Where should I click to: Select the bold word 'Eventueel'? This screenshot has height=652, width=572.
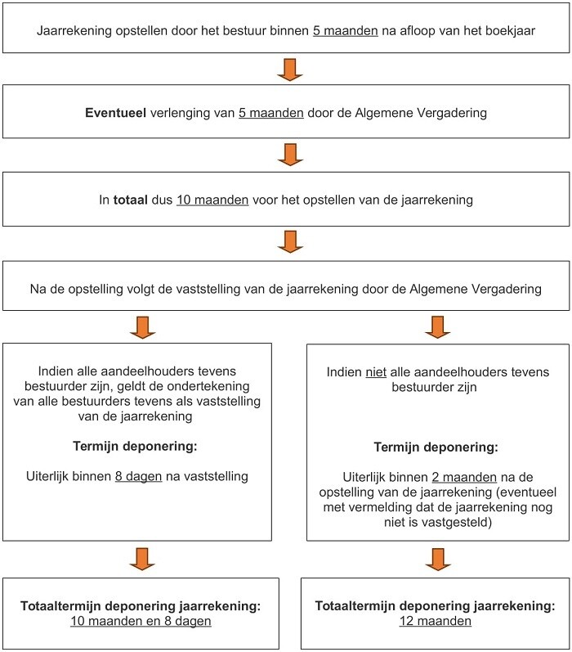[114, 113]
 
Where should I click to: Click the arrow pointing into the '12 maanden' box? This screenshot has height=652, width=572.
[436, 559]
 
